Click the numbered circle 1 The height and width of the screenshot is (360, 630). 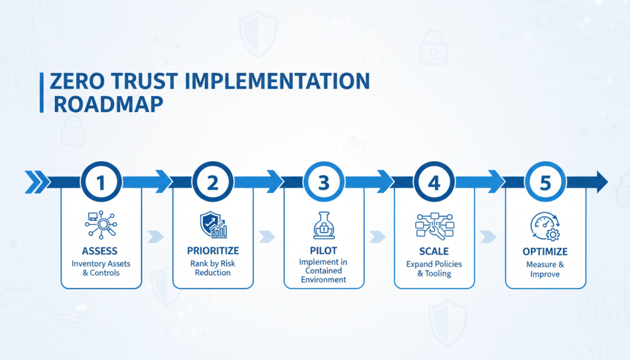point(102,182)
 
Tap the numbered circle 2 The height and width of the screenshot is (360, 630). point(212,182)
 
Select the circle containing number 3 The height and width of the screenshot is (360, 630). point(324,182)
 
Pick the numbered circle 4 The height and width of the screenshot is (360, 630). point(434,182)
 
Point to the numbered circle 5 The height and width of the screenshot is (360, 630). point(545,182)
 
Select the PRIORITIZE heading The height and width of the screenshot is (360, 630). point(212,251)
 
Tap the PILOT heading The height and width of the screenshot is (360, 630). point(324,251)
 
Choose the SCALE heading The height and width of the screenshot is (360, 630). point(434,251)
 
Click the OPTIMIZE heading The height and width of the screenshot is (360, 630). point(545,251)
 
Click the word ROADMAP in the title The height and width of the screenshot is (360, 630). point(108,103)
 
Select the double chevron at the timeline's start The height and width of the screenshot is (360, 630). point(36,182)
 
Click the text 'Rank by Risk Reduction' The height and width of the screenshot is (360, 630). point(212,268)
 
